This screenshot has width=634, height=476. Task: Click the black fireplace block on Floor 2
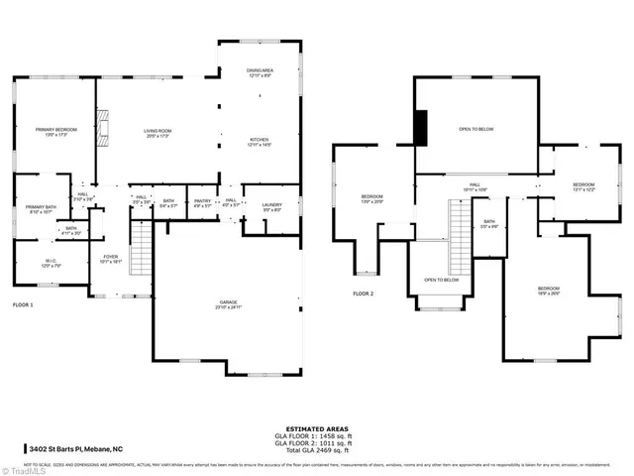[420, 127]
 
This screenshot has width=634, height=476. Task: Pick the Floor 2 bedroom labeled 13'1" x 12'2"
[583, 187]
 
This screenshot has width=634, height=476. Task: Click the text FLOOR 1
[22, 304]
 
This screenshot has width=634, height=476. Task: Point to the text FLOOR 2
[364, 294]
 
